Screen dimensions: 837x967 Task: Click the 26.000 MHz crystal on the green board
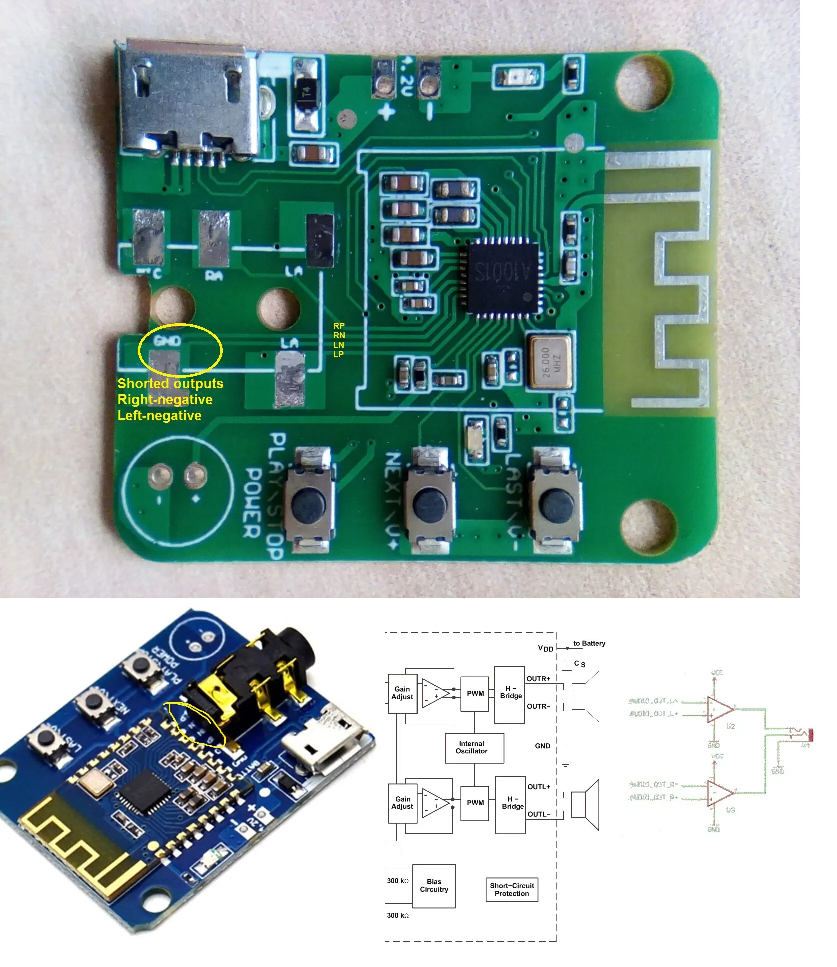pos(549,362)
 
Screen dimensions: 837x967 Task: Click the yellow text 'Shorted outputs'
pos(170,384)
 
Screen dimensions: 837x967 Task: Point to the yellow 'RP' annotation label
pos(339,326)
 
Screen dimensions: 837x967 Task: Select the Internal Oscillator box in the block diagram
pos(474,748)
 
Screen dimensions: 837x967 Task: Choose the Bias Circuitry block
pos(434,886)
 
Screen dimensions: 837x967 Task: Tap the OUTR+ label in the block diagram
pos(538,679)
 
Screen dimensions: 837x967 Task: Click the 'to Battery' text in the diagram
pos(589,643)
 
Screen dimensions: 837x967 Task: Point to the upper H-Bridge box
pos(509,695)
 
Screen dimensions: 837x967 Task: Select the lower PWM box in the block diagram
pos(475,803)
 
